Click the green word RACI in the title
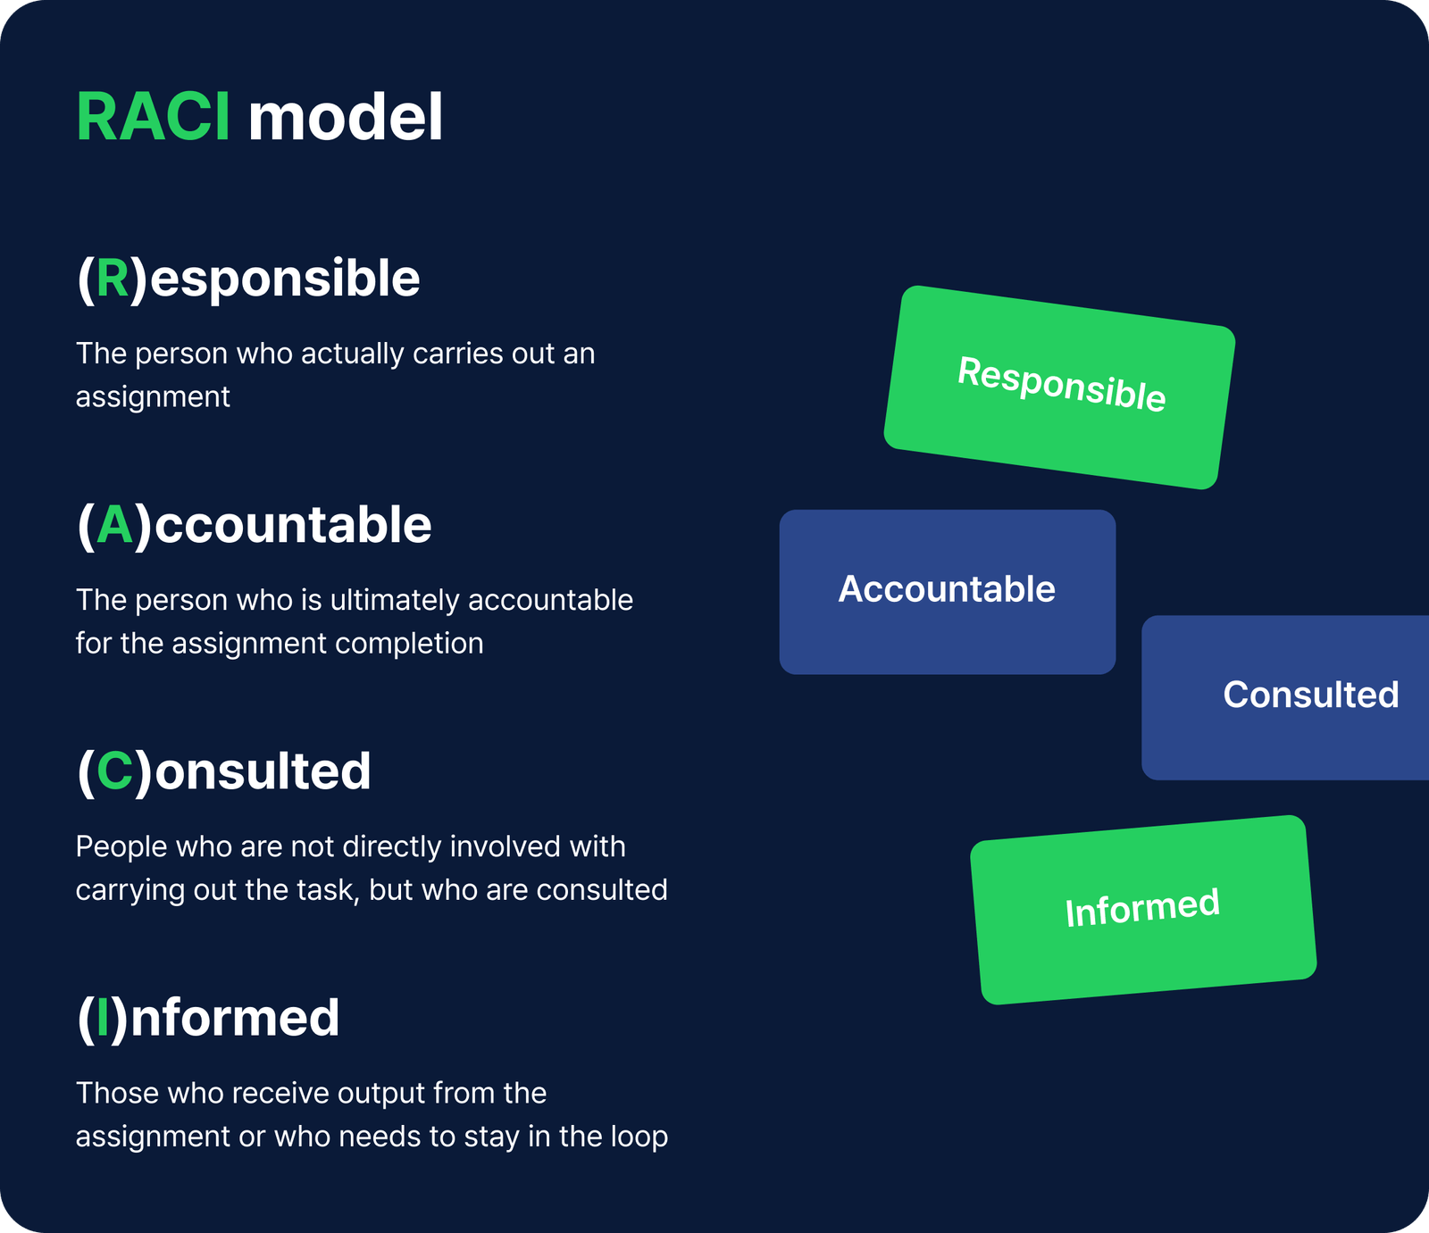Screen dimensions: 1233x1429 [x=153, y=117]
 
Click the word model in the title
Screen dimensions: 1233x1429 [x=345, y=117]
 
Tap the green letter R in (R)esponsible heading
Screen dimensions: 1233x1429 [x=113, y=279]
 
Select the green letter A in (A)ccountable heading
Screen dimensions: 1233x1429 [x=115, y=525]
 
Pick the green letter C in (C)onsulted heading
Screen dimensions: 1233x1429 [x=115, y=771]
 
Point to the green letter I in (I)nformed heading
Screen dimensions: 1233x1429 [x=103, y=1018]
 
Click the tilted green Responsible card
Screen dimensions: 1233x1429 [x=1060, y=387]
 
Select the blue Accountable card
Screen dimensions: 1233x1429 [x=947, y=591]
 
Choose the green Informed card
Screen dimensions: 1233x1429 [x=1142, y=909]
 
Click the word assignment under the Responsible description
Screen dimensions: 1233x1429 [x=153, y=397]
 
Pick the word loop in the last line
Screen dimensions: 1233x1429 [x=639, y=1137]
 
